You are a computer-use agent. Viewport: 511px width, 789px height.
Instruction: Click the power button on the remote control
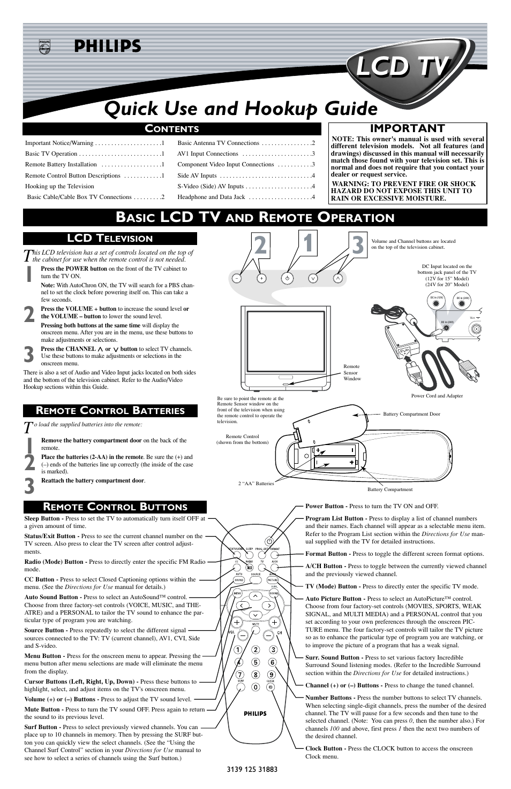coord(270,541)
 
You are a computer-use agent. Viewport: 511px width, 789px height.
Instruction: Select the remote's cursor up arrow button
coord(256,595)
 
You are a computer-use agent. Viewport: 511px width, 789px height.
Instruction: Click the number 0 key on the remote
coord(256,687)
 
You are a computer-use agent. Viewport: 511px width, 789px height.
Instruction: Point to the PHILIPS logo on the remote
coord(255,714)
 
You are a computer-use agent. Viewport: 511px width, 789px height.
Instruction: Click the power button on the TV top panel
coord(288,278)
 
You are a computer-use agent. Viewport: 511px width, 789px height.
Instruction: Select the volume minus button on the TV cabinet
coord(237,278)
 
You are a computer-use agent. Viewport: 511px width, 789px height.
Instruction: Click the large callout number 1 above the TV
coord(307,242)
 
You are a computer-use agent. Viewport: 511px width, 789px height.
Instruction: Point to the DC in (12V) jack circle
coord(435,303)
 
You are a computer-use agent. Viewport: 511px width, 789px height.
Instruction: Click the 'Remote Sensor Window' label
coord(352,373)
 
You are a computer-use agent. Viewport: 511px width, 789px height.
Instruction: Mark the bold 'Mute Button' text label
coord(42,710)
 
